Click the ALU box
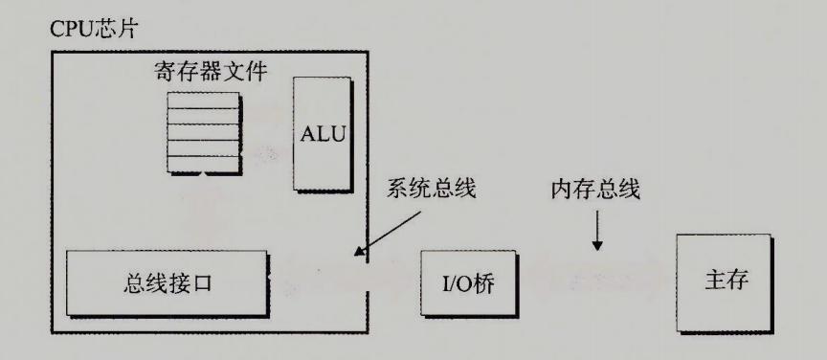point(322,133)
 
